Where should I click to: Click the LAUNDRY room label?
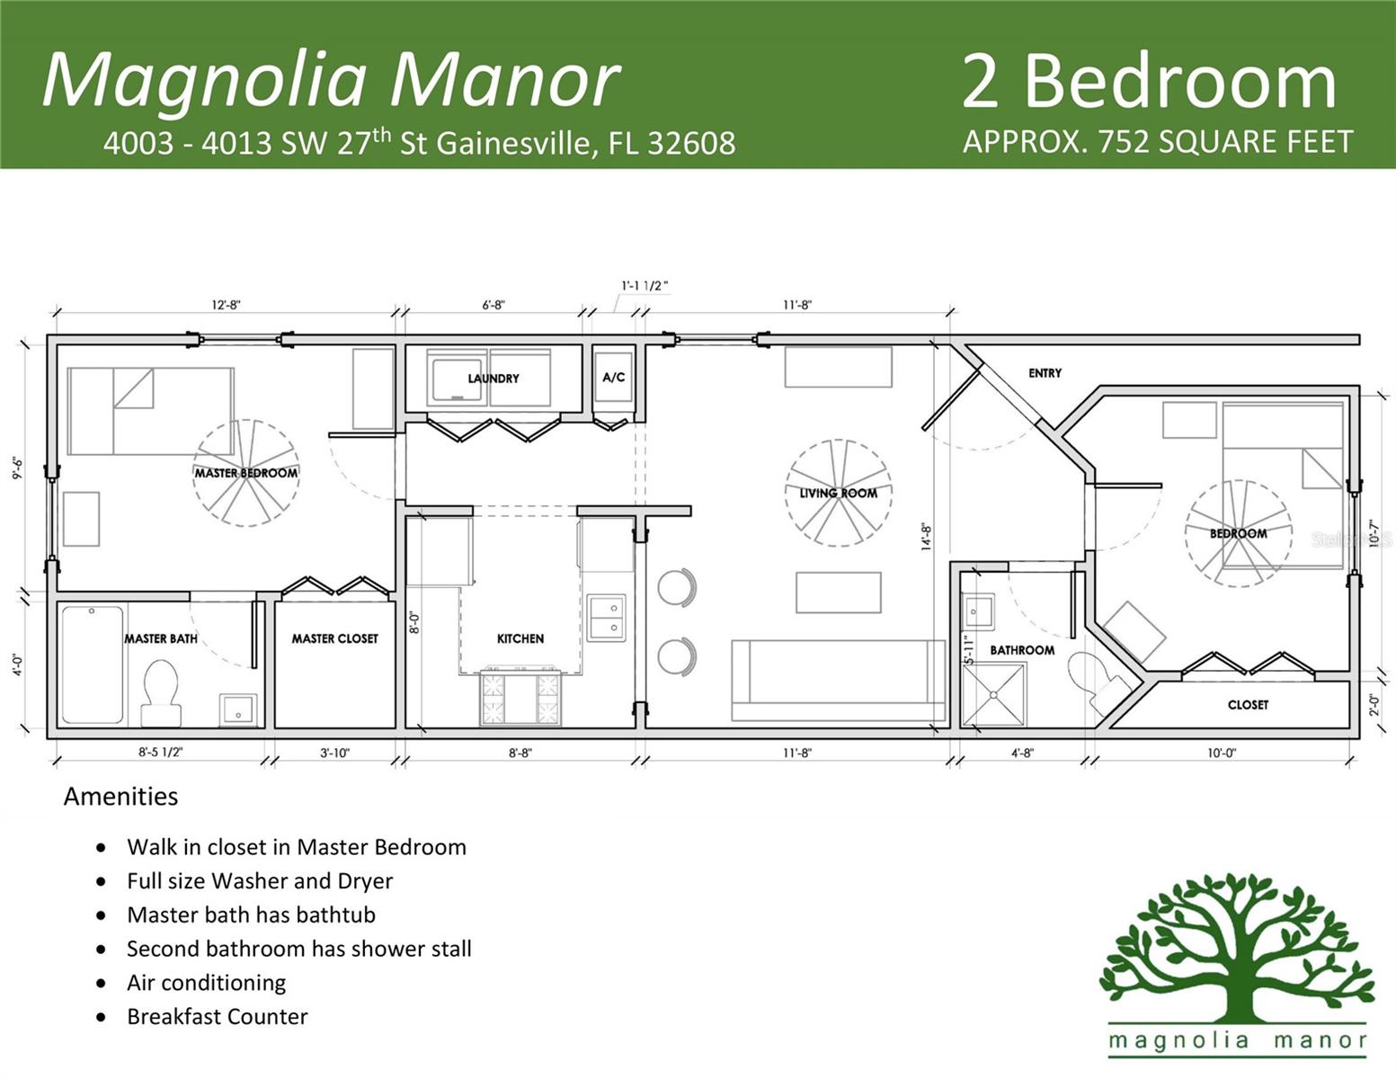click(x=493, y=379)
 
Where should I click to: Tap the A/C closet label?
click(x=613, y=378)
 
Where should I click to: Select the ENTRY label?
click(x=1045, y=373)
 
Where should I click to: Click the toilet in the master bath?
click(x=162, y=692)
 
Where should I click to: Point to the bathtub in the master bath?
click(x=92, y=664)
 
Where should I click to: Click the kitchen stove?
click(x=520, y=698)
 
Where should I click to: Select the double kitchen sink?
click(x=606, y=618)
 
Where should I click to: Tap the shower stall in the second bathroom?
click(x=993, y=694)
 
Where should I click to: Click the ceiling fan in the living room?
click(x=838, y=493)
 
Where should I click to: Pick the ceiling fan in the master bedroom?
click(x=245, y=473)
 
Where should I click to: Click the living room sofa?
click(x=838, y=681)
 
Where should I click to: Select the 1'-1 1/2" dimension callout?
click(x=645, y=286)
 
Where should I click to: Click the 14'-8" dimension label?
click(x=927, y=537)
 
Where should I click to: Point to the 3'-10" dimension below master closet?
click(x=334, y=753)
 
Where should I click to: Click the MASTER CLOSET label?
click(x=334, y=638)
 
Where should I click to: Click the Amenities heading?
click(x=120, y=797)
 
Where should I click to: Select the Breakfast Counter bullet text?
click(x=217, y=1017)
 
